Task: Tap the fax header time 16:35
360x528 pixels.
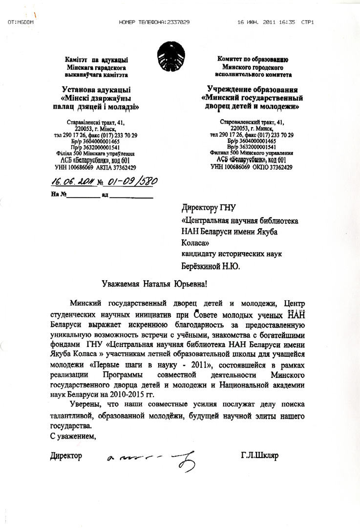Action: point(286,22)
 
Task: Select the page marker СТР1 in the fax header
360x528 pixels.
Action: point(308,22)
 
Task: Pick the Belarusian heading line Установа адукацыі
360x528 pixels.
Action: point(96,90)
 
